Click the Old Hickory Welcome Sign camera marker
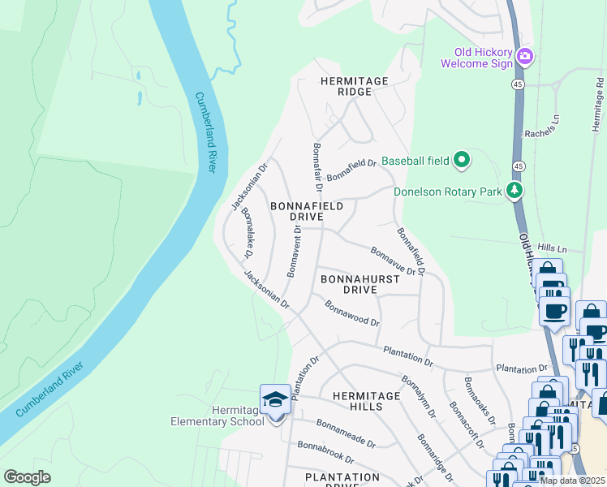coord(525,55)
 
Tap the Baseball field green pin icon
coord(461,160)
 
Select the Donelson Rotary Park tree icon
coord(514,191)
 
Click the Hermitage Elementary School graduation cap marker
coord(275,400)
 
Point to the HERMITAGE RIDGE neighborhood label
coord(355,86)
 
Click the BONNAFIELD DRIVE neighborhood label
coord(307,213)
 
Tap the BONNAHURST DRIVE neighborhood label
coord(360,283)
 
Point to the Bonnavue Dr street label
coord(393,261)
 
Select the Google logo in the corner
coord(27,477)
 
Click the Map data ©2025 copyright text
coord(572,481)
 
